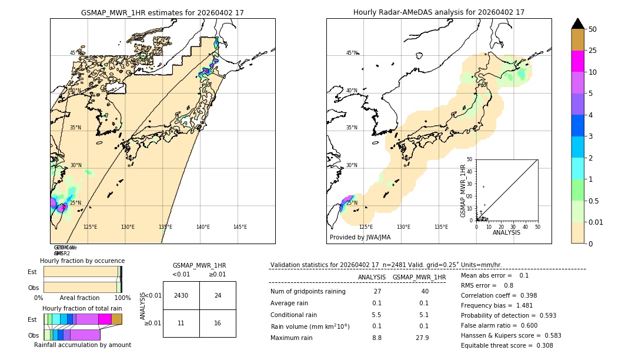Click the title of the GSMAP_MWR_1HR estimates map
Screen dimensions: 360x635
point(162,12)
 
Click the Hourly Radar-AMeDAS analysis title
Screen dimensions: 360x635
point(439,12)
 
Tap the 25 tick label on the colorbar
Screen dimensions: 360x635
point(593,51)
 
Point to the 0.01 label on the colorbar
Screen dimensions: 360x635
point(596,222)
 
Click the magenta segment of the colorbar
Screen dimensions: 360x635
point(577,61)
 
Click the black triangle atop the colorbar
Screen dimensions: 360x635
point(577,24)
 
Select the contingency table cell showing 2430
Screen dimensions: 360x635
point(181,295)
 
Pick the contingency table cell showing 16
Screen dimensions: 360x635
point(218,324)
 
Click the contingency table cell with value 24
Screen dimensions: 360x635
point(218,295)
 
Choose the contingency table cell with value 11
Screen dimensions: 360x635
point(181,324)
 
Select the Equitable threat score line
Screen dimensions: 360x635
point(507,345)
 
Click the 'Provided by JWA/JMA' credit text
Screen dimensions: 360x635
point(360,238)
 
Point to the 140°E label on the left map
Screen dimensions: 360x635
point(203,227)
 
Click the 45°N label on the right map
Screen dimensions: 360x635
point(352,53)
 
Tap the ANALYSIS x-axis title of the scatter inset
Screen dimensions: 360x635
point(506,232)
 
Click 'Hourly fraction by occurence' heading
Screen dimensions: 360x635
point(82,261)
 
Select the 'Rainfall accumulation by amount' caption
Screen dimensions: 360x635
point(82,345)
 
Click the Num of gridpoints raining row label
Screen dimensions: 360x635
point(308,292)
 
